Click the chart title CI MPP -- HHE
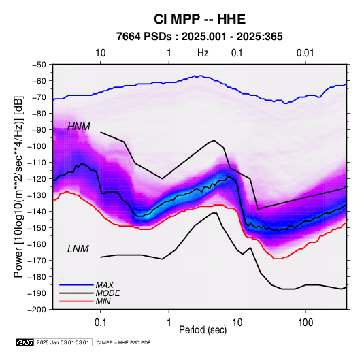click(x=199, y=19)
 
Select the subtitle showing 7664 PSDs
click(x=199, y=37)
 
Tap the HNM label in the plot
click(x=79, y=127)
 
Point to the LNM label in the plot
click(x=78, y=249)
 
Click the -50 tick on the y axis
click(x=39, y=65)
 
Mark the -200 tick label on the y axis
click(x=37, y=310)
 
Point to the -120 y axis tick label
click(x=37, y=179)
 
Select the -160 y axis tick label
click(x=37, y=244)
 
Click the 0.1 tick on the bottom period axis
click(x=100, y=323)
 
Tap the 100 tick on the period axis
click(x=305, y=323)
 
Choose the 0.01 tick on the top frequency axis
click(x=305, y=53)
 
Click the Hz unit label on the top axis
click(x=203, y=53)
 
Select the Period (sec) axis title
click(x=203, y=330)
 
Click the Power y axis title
click(x=19, y=186)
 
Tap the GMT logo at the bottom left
click(x=24, y=342)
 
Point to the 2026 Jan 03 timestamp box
click(x=63, y=342)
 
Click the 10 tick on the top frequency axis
click(x=101, y=53)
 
